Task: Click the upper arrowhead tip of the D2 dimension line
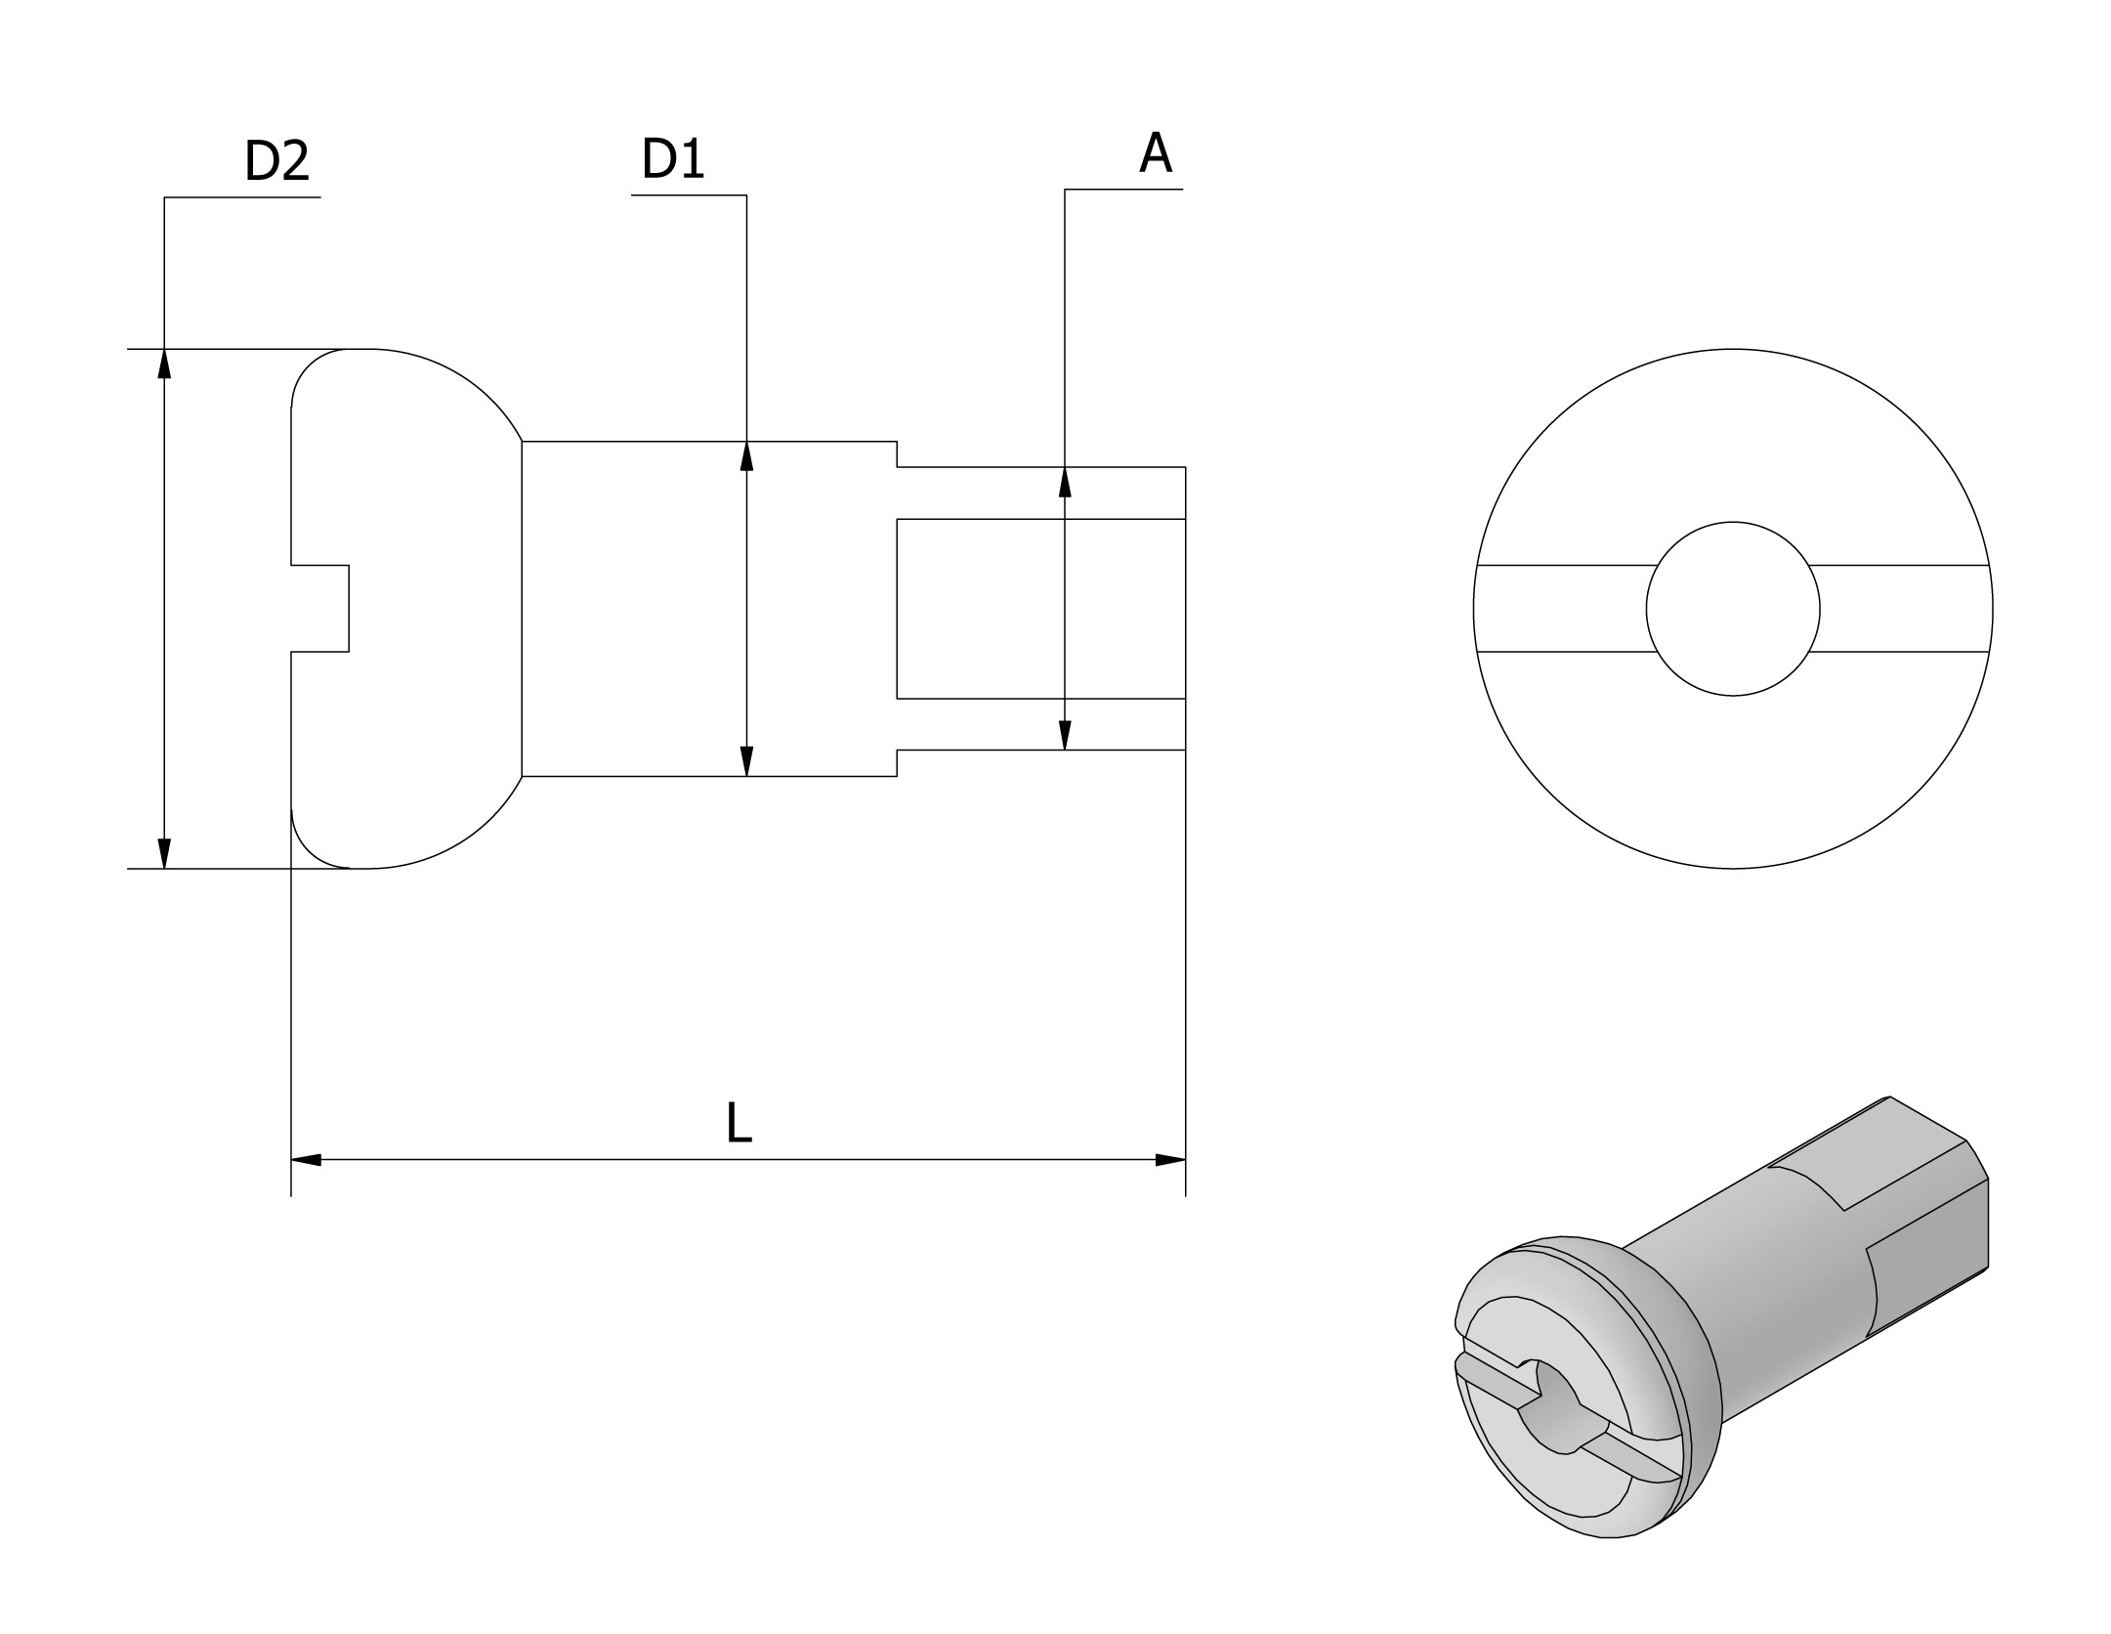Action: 164,349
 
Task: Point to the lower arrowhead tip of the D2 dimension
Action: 164,868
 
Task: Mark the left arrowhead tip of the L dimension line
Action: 292,1160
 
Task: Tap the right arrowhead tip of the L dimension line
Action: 1185,1160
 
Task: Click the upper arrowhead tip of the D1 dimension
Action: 747,442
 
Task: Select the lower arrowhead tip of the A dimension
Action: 1065,750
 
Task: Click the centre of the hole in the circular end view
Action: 1733,609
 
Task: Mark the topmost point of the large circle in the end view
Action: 1733,349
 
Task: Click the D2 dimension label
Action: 276,161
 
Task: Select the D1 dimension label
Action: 672,158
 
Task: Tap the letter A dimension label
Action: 1156,152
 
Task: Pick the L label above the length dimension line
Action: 739,1122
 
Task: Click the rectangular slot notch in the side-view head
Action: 320,608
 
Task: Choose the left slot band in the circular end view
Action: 1563,608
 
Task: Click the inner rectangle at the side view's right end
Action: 1041,609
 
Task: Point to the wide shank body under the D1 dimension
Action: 709,609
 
